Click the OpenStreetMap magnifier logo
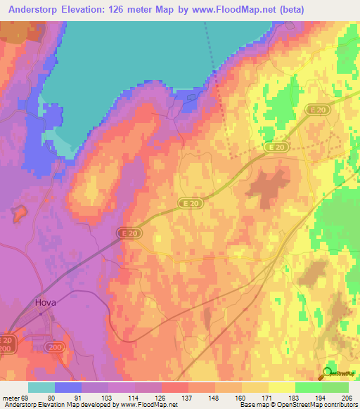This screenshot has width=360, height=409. coord(328,373)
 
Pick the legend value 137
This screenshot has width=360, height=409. coord(188,397)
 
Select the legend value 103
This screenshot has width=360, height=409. coord(108,397)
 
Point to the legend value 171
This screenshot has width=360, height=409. coord(269,397)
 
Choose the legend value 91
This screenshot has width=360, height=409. coord(81,397)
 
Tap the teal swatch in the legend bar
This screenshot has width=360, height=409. coord(41,387)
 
